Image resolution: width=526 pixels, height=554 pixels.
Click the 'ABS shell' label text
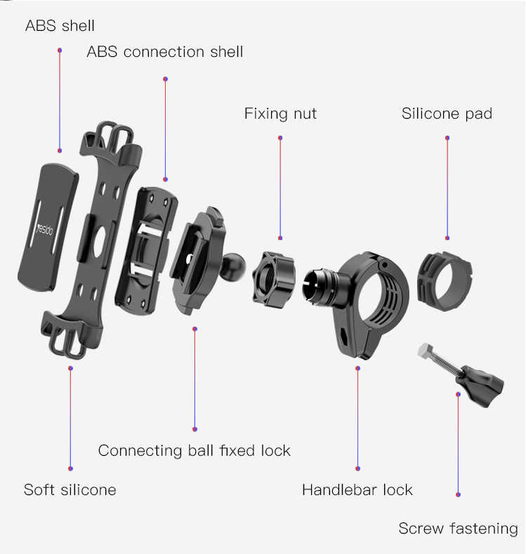[60, 26]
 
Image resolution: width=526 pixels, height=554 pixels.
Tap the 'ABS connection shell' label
[164, 51]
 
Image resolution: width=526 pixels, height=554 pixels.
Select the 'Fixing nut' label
[280, 114]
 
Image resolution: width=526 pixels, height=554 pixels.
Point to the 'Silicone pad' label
[447, 114]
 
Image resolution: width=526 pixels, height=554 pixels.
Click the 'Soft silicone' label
[70, 489]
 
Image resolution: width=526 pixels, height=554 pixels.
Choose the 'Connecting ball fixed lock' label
[194, 451]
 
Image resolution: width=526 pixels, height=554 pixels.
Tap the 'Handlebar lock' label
[357, 489]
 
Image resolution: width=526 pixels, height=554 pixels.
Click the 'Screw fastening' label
[458, 529]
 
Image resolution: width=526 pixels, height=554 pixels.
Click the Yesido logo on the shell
[45, 229]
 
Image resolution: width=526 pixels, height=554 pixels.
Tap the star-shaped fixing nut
[274, 279]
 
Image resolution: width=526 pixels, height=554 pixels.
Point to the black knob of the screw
[482, 386]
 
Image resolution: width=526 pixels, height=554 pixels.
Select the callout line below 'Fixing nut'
[280, 188]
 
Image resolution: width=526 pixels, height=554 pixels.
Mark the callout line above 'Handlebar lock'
[358, 418]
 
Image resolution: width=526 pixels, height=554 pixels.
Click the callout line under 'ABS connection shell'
[165, 129]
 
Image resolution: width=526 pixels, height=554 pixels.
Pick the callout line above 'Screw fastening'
[458, 444]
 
